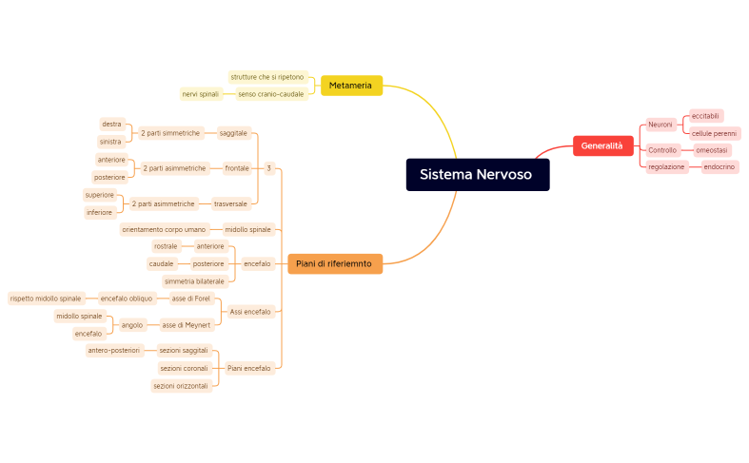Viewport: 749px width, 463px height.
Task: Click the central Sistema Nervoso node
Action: (477, 175)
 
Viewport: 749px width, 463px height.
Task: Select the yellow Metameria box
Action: (350, 86)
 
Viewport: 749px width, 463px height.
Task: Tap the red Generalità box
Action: (601, 145)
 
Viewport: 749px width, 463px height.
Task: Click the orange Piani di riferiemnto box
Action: (334, 263)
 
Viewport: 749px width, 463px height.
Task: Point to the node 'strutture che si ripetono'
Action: (267, 77)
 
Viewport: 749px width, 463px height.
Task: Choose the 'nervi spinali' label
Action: (201, 94)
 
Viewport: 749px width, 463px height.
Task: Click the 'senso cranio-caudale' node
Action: (271, 94)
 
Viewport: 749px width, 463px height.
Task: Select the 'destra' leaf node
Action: (111, 125)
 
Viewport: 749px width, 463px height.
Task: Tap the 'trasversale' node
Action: (231, 203)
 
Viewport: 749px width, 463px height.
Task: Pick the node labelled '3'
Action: (268, 168)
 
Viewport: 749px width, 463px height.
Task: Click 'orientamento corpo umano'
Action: (164, 229)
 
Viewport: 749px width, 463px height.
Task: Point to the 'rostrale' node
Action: (166, 246)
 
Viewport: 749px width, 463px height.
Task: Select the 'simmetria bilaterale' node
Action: (194, 281)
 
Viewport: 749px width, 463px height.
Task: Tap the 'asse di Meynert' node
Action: (186, 325)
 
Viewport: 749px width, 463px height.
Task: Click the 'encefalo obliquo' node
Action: (126, 299)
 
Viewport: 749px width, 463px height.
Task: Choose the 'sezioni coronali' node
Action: (184, 368)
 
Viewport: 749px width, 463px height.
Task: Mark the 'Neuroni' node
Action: (660, 125)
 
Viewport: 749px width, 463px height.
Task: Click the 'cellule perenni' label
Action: (714, 134)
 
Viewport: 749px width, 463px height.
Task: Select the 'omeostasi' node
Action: (712, 150)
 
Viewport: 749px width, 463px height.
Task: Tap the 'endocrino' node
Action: (719, 167)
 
